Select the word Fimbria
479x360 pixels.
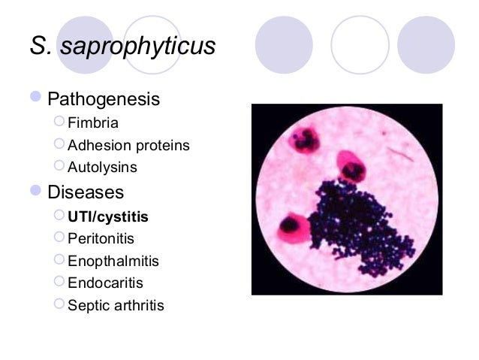tap(93, 123)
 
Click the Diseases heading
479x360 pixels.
tap(86, 192)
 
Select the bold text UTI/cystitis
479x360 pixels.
tap(108, 216)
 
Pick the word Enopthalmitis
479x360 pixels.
tap(113, 261)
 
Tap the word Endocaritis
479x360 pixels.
tap(105, 283)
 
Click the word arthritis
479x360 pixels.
tap(137, 305)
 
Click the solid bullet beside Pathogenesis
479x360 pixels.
tap(37, 98)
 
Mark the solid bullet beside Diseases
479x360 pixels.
tap(37, 192)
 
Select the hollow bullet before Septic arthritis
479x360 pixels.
tap(60, 305)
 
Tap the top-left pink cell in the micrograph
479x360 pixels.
tap(304, 141)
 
